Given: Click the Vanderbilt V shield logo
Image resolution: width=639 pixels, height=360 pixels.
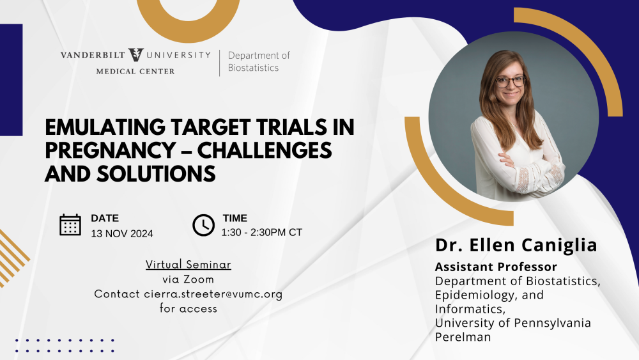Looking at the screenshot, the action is point(135,55).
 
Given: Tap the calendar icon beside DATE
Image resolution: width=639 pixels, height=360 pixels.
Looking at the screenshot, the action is point(70,224).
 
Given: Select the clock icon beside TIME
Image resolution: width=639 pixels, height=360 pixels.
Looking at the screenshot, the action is point(203,225).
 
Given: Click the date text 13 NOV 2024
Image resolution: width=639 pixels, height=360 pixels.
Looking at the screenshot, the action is point(122,233).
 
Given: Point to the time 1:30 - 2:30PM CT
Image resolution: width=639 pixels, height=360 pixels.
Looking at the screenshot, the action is point(261,232).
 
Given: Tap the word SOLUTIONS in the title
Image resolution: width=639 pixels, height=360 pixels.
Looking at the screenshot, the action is point(156,174).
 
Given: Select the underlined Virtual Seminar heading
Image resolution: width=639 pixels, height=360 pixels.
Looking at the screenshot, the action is point(189,265).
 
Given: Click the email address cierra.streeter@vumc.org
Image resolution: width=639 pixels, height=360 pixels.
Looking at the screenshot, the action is point(213,294).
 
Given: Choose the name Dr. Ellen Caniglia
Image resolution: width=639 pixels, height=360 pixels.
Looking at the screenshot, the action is point(516,245).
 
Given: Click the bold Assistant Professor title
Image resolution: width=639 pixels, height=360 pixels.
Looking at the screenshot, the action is point(496,267).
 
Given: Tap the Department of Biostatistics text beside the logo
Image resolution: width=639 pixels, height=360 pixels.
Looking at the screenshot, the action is point(259,61).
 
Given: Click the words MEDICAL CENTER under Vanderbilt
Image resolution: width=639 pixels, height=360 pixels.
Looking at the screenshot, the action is point(135,72).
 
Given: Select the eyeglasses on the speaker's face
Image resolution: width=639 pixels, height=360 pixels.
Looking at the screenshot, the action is point(510,82).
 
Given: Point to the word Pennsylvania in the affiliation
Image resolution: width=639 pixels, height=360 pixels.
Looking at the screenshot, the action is point(552,323).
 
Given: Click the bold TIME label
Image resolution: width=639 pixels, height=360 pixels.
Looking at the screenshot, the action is point(235,218).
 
